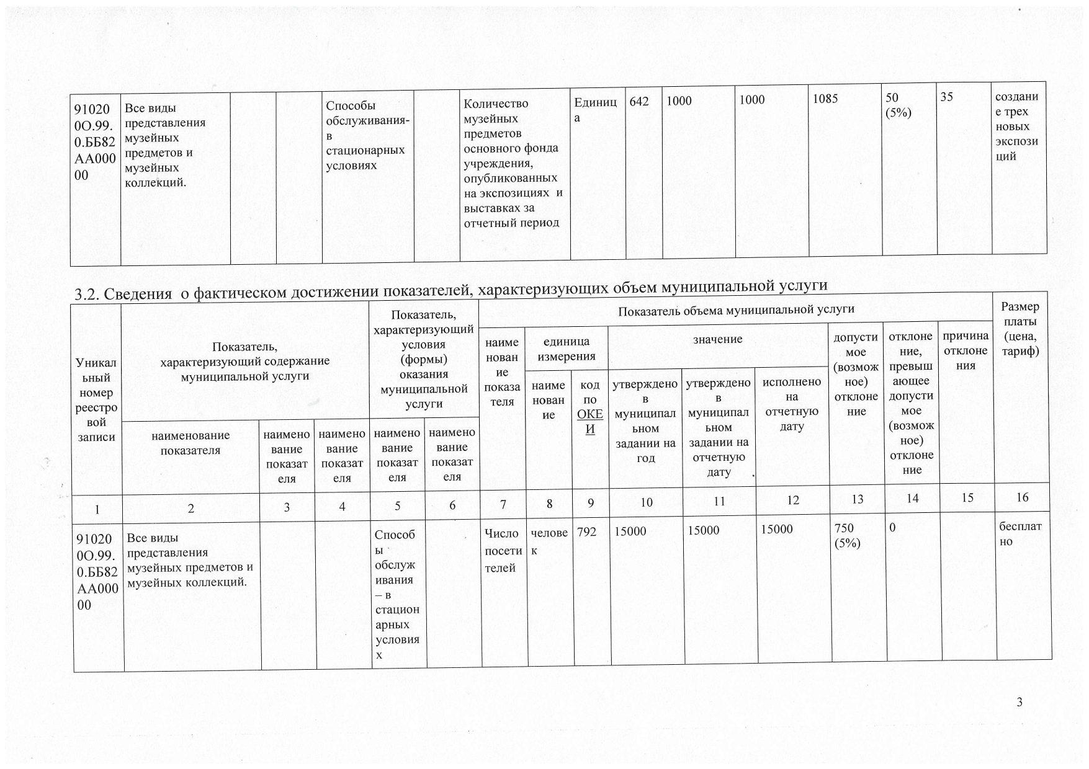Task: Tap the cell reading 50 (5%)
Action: tap(898, 105)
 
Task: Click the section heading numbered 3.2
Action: tap(451, 288)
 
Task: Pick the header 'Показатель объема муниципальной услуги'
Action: tap(736, 309)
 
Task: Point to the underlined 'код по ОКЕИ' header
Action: tap(589, 406)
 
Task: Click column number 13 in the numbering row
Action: tap(857, 499)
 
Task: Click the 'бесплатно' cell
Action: tap(1020, 533)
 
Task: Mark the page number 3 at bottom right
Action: tap(1020, 702)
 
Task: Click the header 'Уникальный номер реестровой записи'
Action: tap(96, 399)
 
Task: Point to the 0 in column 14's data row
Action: tap(892, 528)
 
